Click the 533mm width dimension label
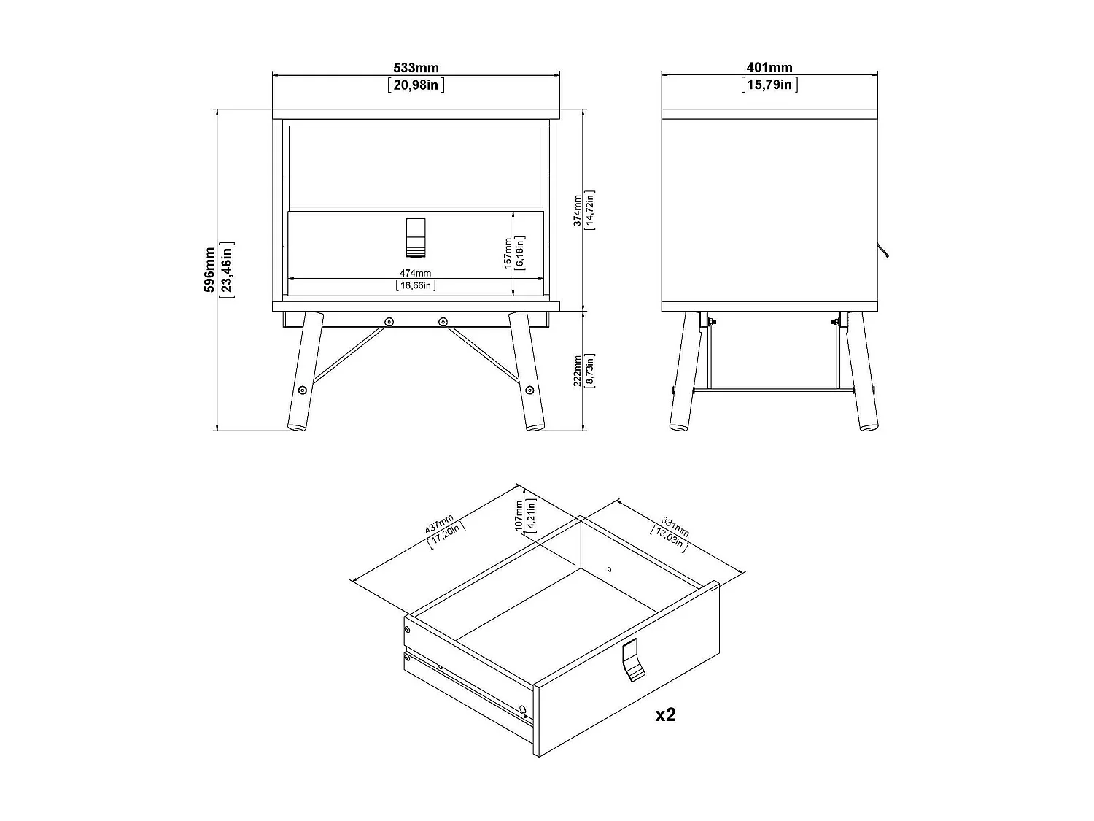tap(416, 68)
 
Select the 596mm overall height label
tap(210, 269)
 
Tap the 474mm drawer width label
tap(415, 273)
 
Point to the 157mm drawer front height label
tap(508, 253)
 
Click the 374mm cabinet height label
tap(578, 211)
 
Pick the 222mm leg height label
tap(578, 371)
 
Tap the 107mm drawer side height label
tap(520, 514)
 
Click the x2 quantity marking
tap(665, 714)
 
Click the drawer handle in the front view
tap(414, 237)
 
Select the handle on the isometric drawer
tap(632, 660)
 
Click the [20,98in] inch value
tap(416, 85)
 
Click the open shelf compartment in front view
tap(416, 166)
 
